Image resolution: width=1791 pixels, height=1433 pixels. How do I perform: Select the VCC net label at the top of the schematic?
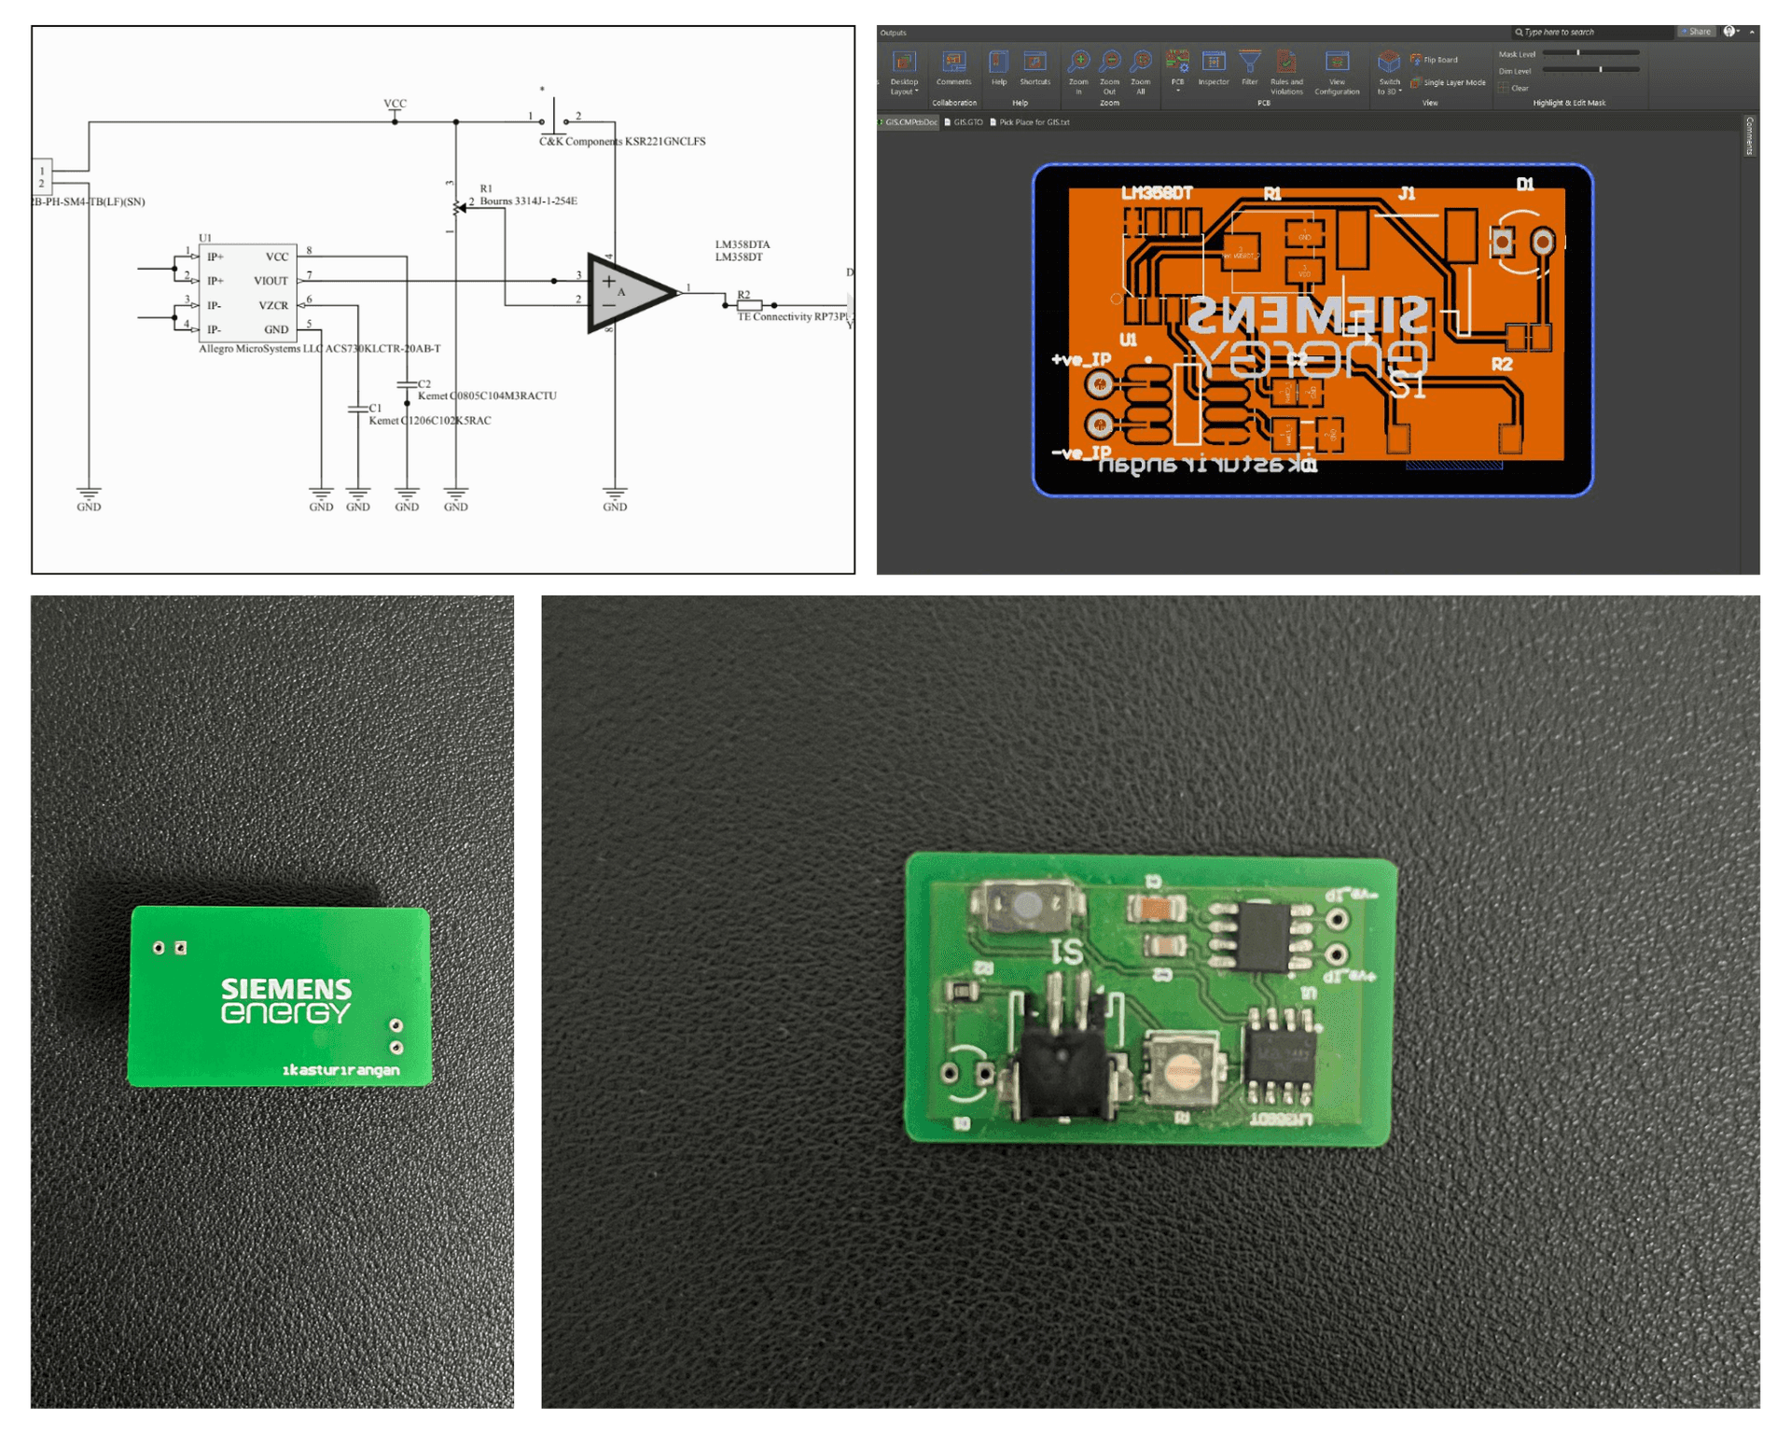tap(395, 104)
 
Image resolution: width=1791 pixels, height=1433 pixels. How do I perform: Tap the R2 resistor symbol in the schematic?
tap(749, 305)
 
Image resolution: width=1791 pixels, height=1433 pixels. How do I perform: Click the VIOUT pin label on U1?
tap(271, 281)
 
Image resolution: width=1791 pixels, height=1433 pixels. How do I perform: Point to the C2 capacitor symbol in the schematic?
tap(407, 384)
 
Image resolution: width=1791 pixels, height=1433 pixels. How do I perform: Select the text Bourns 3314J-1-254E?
tap(528, 201)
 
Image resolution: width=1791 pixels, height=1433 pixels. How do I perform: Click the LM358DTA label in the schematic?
tap(743, 244)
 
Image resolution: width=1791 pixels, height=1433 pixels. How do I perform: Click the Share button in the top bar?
tap(1696, 32)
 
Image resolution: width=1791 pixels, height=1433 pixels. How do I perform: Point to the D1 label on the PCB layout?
tap(1524, 185)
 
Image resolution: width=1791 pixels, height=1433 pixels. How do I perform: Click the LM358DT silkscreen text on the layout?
tap(1156, 193)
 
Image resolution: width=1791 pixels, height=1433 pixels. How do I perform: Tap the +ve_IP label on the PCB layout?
tap(1081, 359)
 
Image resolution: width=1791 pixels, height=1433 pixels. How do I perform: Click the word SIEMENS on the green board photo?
tap(285, 989)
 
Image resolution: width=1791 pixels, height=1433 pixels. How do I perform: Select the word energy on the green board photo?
tap(285, 1013)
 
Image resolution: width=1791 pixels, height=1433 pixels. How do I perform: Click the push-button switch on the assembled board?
tap(1027, 905)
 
